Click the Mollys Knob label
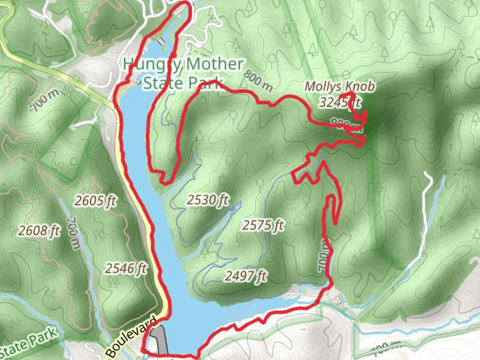click(x=340, y=87)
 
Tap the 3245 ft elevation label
click(x=340, y=102)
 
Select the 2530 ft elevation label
click(x=208, y=200)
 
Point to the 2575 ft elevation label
click(x=263, y=225)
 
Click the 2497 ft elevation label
click(x=246, y=276)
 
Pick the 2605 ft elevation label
click(x=95, y=201)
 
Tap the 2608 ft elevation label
click(x=39, y=230)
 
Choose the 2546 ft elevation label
click(x=126, y=268)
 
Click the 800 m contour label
click(x=258, y=81)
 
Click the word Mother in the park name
click(x=215, y=64)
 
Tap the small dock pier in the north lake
click(x=162, y=41)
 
